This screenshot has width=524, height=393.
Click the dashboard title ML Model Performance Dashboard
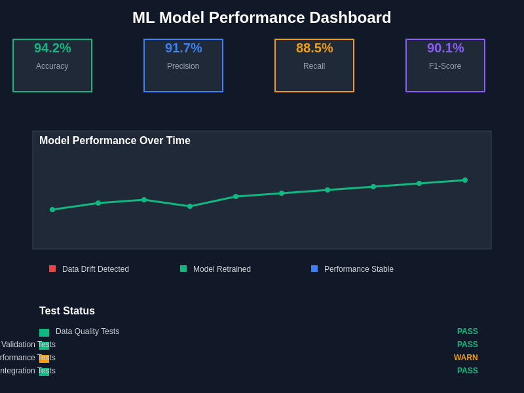point(261,18)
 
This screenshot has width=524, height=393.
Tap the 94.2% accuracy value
point(52,48)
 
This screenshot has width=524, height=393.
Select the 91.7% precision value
point(183,48)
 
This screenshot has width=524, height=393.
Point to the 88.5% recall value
point(314,48)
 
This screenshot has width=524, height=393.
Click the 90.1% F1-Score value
point(445,48)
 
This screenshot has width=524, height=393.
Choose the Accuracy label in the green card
point(52,66)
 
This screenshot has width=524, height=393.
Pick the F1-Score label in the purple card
point(445,66)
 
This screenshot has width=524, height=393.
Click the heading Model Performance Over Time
point(115,141)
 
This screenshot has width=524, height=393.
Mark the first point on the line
point(52,210)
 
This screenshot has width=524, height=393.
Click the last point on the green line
point(465,180)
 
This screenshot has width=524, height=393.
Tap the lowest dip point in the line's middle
point(190,206)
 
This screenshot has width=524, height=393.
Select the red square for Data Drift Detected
point(52,269)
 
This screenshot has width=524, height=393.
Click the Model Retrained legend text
point(221,269)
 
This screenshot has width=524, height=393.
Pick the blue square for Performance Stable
point(314,269)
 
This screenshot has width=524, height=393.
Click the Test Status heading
point(67,311)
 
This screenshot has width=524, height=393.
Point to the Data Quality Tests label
point(87,331)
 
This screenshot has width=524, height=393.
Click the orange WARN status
point(466,358)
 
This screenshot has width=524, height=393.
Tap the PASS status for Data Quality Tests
point(468,331)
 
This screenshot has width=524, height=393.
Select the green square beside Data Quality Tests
point(44,333)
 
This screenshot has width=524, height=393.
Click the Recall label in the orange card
point(314,66)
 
